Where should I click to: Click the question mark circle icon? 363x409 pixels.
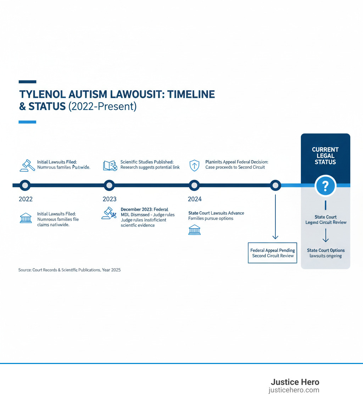pos(325,185)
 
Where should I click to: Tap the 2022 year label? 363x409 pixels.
pos(26,199)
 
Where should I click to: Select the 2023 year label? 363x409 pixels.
pos(110,199)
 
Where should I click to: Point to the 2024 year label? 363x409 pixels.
pos(195,199)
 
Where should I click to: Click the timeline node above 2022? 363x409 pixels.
pos(25,185)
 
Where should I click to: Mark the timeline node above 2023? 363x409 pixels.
pos(109,185)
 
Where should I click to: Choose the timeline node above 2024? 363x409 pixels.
pos(194,185)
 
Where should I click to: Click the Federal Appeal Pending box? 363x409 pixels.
pos(273,253)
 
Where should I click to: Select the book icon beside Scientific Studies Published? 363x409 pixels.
pos(110,166)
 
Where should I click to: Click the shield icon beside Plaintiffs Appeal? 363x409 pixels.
pos(195,165)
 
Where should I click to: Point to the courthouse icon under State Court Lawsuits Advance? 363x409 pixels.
pos(194,230)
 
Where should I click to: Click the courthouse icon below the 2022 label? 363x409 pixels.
pos(26,218)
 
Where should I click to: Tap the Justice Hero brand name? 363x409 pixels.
pos(295,382)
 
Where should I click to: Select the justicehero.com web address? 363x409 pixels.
pos(294,390)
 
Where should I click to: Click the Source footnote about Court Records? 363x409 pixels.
pos(69,270)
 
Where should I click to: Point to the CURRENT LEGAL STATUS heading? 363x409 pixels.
pos(325,156)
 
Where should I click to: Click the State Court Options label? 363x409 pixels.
pos(325,250)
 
